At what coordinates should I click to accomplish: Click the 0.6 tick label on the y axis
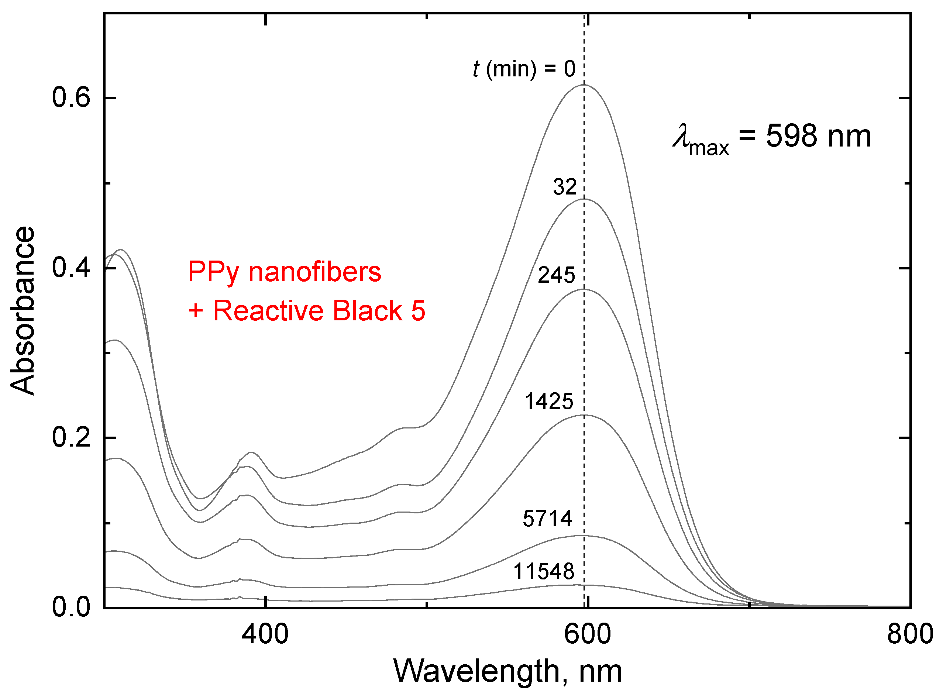(x=71, y=99)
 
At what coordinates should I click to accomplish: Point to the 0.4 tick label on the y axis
(x=71, y=268)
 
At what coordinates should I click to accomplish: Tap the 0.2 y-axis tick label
(x=71, y=437)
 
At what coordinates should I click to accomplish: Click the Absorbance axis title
(x=23, y=311)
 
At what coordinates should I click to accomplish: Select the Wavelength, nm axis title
(x=508, y=671)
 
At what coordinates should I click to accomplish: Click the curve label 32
(x=564, y=187)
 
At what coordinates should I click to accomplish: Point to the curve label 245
(x=556, y=276)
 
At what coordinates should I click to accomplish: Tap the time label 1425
(x=548, y=402)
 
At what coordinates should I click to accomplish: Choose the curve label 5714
(x=547, y=519)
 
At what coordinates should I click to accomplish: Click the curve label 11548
(x=543, y=572)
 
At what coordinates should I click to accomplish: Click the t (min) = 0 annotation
(x=524, y=69)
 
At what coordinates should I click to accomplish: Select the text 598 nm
(x=818, y=137)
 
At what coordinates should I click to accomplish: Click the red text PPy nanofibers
(x=285, y=272)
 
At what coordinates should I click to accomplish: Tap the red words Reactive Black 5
(x=319, y=311)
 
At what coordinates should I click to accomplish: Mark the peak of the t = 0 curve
(x=584, y=85)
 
